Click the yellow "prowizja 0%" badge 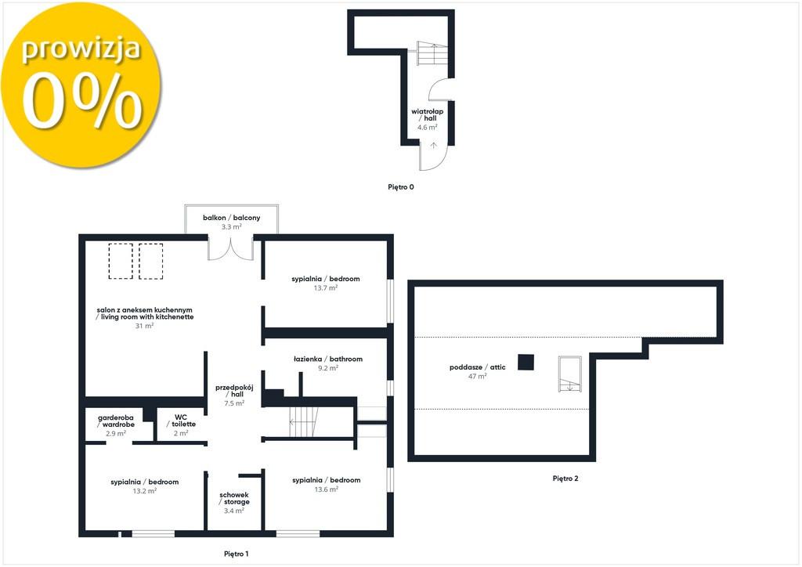point(81,85)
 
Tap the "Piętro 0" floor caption point(400,187)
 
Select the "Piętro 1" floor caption point(237,554)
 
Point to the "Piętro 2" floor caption point(565,479)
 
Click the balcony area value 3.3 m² point(231,226)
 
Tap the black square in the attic point(526,362)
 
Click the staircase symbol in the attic point(570,374)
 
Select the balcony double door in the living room point(231,247)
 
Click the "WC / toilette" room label point(181,421)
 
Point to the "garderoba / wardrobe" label point(116,421)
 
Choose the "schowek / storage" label point(234,499)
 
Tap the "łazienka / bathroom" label point(328,359)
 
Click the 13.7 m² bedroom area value point(325,288)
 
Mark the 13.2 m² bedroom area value point(145,491)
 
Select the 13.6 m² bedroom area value point(327,489)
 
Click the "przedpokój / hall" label point(234,391)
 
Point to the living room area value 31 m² point(144,326)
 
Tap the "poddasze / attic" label point(477,367)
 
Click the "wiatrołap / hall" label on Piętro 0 point(427,114)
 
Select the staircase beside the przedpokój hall point(305,422)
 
